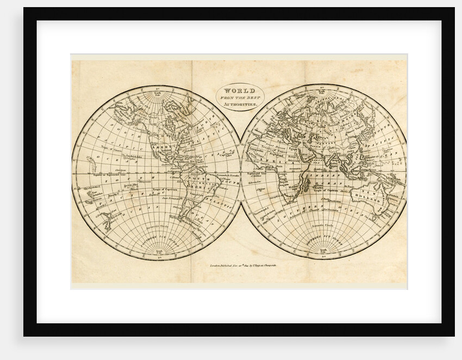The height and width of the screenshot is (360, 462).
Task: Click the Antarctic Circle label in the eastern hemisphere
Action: click(x=323, y=226)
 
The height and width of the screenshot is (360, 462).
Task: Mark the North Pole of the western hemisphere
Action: click(x=157, y=88)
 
